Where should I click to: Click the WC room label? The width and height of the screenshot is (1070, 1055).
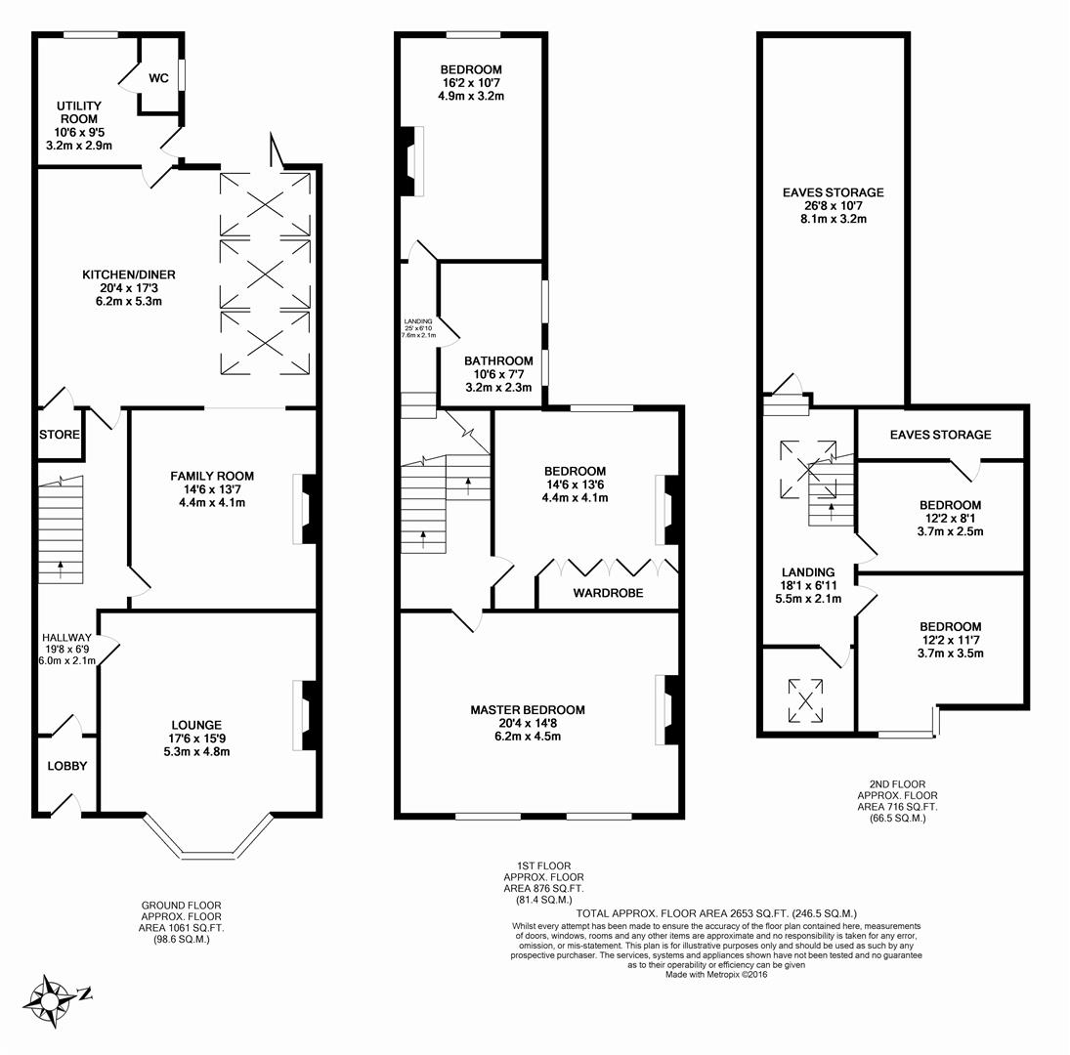(158, 78)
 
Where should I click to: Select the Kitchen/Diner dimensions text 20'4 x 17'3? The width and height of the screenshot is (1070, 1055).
(128, 288)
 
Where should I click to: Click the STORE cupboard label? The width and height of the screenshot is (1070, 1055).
(60, 435)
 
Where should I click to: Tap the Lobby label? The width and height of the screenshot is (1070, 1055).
(67, 766)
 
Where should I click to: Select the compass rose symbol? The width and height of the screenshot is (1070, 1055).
(51, 999)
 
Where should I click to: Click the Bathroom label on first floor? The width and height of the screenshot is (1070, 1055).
(498, 360)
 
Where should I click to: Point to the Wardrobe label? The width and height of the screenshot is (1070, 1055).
(608, 592)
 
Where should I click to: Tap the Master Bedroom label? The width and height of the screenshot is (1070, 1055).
(527, 709)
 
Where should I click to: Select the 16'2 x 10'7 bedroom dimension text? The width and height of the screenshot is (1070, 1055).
(471, 83)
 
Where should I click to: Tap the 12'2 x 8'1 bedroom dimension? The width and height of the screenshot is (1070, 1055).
(950, 519)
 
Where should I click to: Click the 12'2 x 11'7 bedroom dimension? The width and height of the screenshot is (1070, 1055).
(950, 640)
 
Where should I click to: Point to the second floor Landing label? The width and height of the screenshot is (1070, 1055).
(808, 572)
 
